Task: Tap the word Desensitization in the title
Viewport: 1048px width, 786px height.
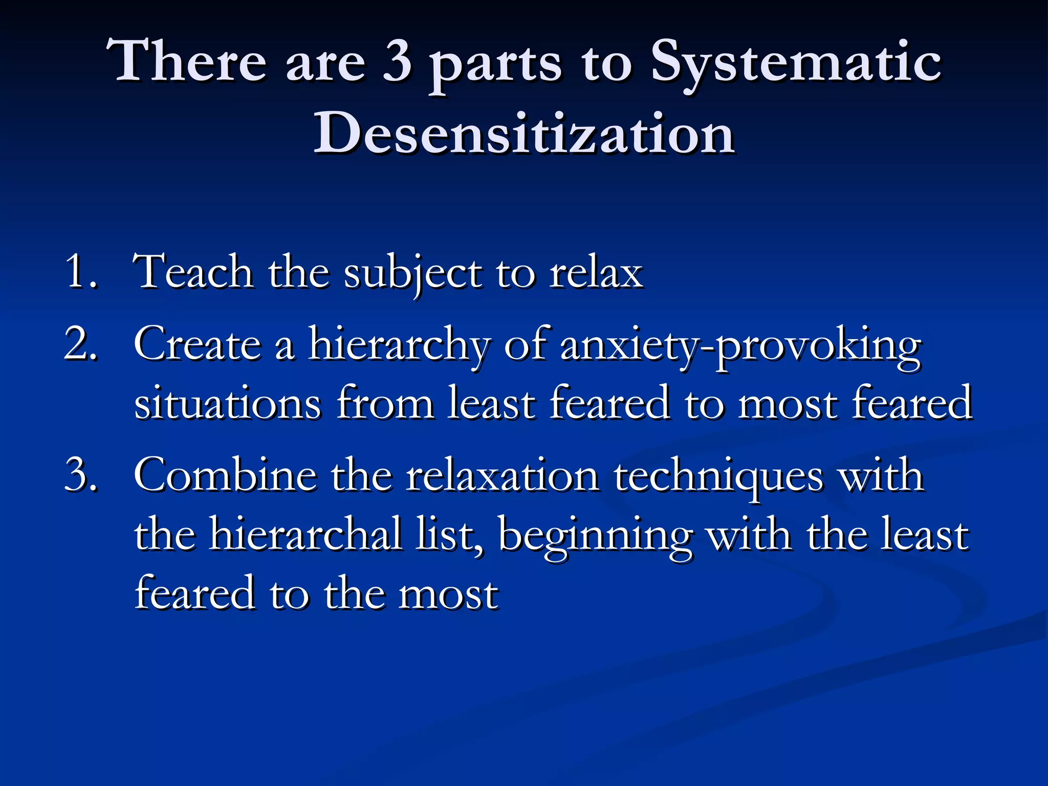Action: click(x=524, y=134)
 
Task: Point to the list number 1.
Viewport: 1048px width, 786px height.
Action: click(x=80, y=272)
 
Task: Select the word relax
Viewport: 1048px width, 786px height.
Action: click(x=596, y=272)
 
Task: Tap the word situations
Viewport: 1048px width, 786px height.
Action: click(x=228, y=403)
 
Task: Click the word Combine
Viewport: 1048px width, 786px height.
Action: click(x=225, y=475)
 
